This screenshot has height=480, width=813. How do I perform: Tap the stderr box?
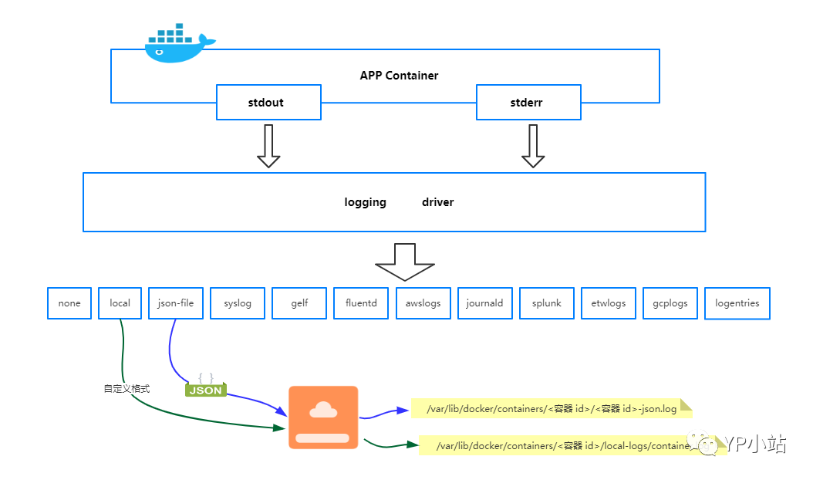click(528, 103)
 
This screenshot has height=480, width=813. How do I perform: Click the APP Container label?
click(399, 76)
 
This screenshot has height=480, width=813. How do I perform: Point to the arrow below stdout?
click(268, 146)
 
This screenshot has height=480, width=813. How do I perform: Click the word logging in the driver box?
click(365, 202)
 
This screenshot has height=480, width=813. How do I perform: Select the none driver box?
click(69, 303)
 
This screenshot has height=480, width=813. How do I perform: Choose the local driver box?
click(120, 303)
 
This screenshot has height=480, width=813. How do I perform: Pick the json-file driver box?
click(176, 303)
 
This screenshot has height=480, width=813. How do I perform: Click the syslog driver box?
click(238, 303)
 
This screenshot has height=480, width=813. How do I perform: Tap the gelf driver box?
click(299, 303)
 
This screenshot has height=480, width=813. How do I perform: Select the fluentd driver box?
click(361, 303)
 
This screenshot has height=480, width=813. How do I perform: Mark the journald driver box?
click(484, 303)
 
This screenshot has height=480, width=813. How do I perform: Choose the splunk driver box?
click(547, 303)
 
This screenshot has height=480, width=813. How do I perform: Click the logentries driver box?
click(737, 303)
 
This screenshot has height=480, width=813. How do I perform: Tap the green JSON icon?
click(205, 388)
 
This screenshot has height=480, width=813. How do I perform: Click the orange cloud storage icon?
click(323, 417)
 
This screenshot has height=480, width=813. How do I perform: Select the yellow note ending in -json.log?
click(552, 408)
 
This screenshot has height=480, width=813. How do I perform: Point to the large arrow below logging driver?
click(405, 263)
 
